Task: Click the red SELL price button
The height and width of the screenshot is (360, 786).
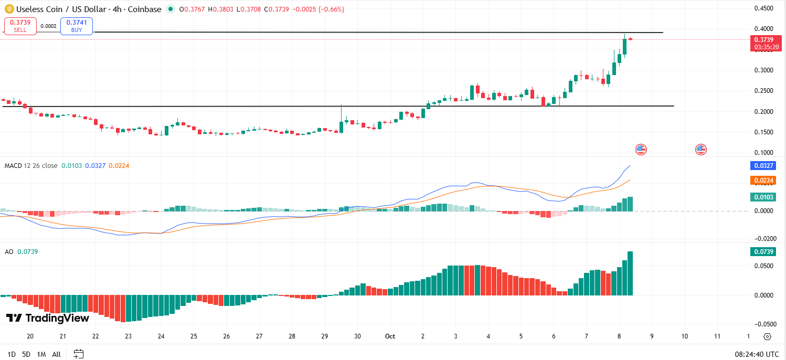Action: tap(20, 26)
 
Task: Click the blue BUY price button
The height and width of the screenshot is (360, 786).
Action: tap(77, 26)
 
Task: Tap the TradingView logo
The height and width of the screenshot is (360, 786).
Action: tap(48, 318)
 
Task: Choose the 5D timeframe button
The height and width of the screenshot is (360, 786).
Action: tap(27, 354)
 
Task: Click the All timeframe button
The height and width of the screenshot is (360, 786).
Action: tap(57, 354)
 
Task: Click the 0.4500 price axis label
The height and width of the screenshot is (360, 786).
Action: tap(763, 8)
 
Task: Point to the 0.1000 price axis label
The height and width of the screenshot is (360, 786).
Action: tap(763, 153)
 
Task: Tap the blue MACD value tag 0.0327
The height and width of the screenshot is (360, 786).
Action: tap(763, 166)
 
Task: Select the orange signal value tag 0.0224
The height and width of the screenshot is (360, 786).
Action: tap(763, 181)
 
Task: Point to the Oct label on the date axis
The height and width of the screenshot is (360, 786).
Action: tap(390, 336)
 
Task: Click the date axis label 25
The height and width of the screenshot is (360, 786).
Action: tap(194, 336)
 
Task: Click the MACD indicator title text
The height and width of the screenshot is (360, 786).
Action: tap(31, 166)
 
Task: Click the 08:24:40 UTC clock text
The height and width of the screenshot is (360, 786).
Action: tap(757, 354)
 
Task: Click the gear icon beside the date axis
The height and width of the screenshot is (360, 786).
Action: tap(767, 336)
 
